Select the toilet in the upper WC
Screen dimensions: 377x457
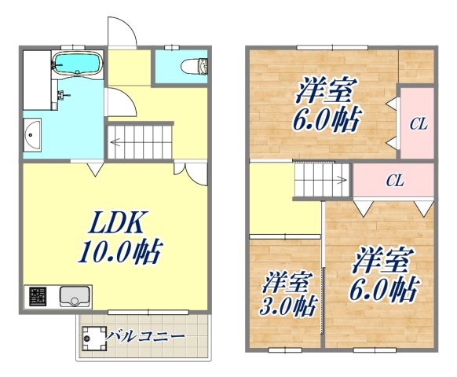point(192,65)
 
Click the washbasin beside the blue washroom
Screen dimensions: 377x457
point(32,136)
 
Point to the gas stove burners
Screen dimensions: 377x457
point(37,297)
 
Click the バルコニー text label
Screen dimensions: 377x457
point(145,337)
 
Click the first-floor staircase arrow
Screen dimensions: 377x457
point(138,143)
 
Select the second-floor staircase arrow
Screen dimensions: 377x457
point(322,181)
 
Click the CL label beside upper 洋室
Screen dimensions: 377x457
point(418,123)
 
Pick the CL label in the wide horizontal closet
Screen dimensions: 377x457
point(395,181)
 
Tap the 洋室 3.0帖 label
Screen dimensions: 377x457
point(287,292)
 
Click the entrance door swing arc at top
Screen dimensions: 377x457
point(119,31)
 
